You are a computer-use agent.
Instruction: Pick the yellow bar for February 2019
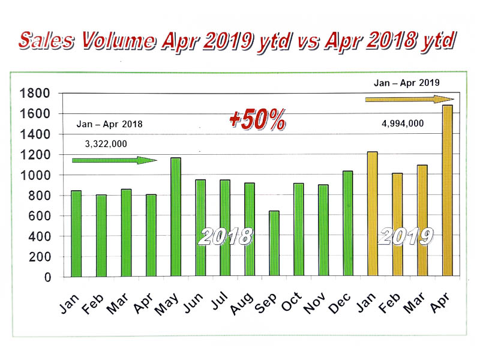tap(397, 225)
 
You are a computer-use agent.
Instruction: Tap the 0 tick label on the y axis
tap(45, 278)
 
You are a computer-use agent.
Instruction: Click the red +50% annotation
tap(257, 120)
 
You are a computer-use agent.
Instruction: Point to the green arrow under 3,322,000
tap(114, 160)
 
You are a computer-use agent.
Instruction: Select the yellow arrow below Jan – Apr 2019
tap(408, 99)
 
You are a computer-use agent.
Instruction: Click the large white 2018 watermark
tap(225, 236)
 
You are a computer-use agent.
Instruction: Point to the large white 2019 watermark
tap(406, 236)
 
